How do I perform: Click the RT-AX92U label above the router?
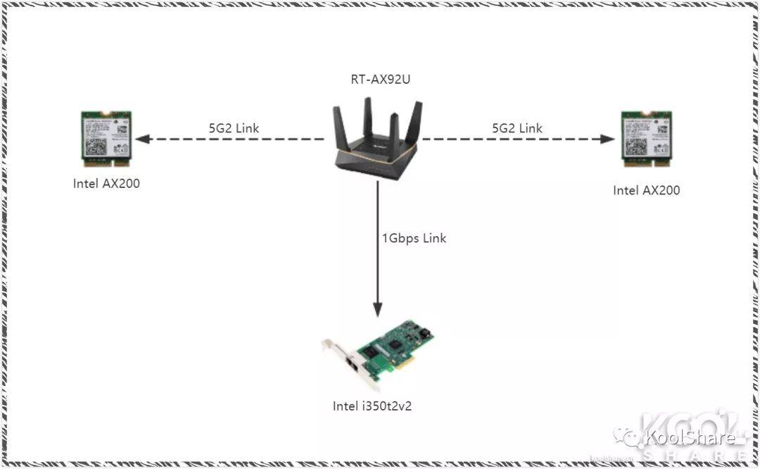tap(380, 80)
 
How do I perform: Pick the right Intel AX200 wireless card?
tap(645, 139)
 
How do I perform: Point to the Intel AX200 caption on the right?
tap(646, 189)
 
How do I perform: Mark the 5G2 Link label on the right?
tap(517, 128)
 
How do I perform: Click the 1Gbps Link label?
tap(414, 238)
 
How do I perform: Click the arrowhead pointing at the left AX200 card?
tap(141, 139)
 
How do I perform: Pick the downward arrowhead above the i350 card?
tap(378, 310)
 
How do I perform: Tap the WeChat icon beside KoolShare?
tap(626, 439)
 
